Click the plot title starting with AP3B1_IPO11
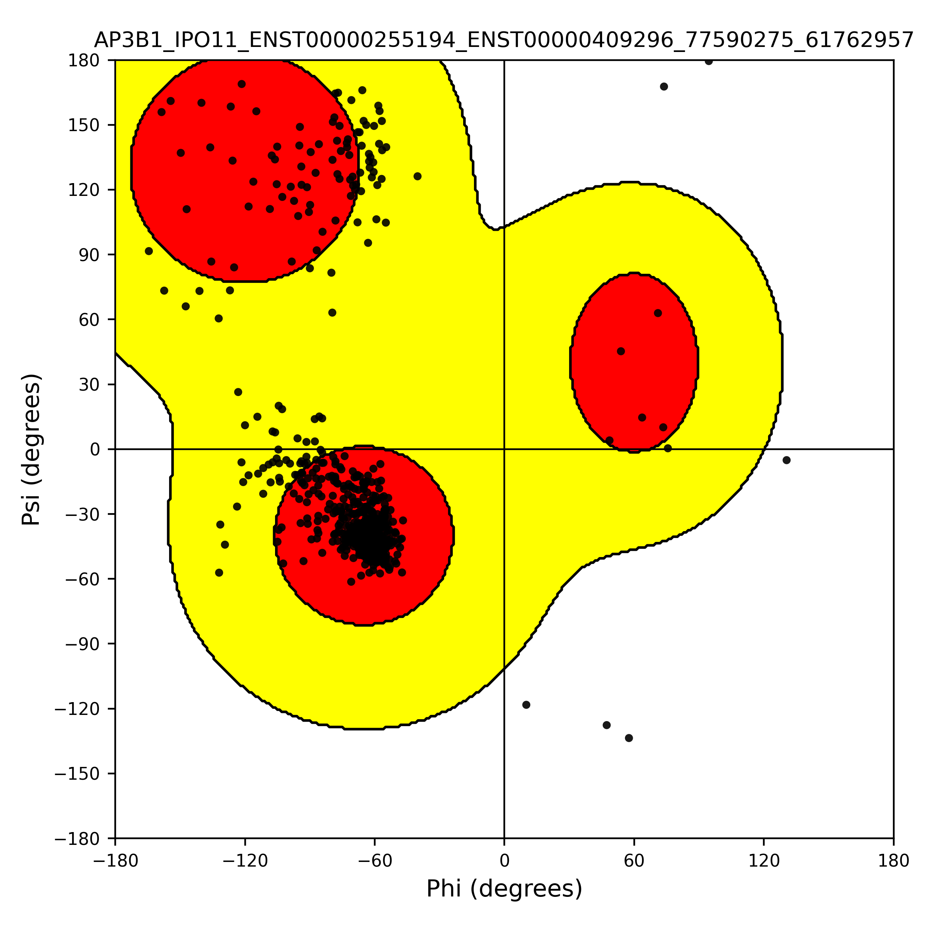(504, 40)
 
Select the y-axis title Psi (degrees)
(31, 449)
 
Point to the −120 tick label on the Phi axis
(245, 861)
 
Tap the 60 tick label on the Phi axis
(634, 861)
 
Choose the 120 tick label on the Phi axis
(764, 861)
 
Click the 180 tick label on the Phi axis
(893, 861)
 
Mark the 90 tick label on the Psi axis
(90, 255)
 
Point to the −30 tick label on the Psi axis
(83, 514)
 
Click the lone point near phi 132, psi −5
(786, 460)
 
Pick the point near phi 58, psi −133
(629, 738)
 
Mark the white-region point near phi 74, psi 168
(664, 87)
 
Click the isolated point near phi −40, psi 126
(417, 177)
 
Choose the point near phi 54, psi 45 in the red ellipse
(621, 351)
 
